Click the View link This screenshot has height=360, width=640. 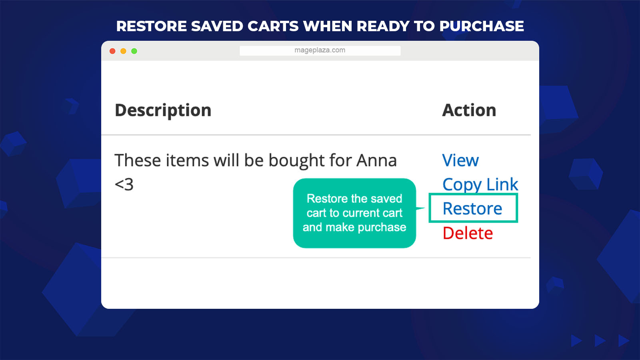[460, 160]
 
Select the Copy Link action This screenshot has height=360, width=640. [480, 184]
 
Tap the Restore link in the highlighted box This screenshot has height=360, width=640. [472, 208]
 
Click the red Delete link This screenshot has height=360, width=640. [468, 233]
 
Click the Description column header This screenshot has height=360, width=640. [163, 110]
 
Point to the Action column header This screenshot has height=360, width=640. [469, 110]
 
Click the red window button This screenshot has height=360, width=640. [112, 51]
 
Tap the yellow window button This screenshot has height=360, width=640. [124, 51]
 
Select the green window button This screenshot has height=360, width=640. [134, 51]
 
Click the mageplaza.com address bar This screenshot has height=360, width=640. [320, 50]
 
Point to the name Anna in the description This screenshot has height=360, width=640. [376, 160]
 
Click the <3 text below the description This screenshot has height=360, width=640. [124, 184]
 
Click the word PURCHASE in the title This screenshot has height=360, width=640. [482, 26]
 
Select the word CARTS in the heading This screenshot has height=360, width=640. [273, 26]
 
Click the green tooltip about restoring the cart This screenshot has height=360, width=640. [354, 213]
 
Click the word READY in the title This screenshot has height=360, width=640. [383, 26]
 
